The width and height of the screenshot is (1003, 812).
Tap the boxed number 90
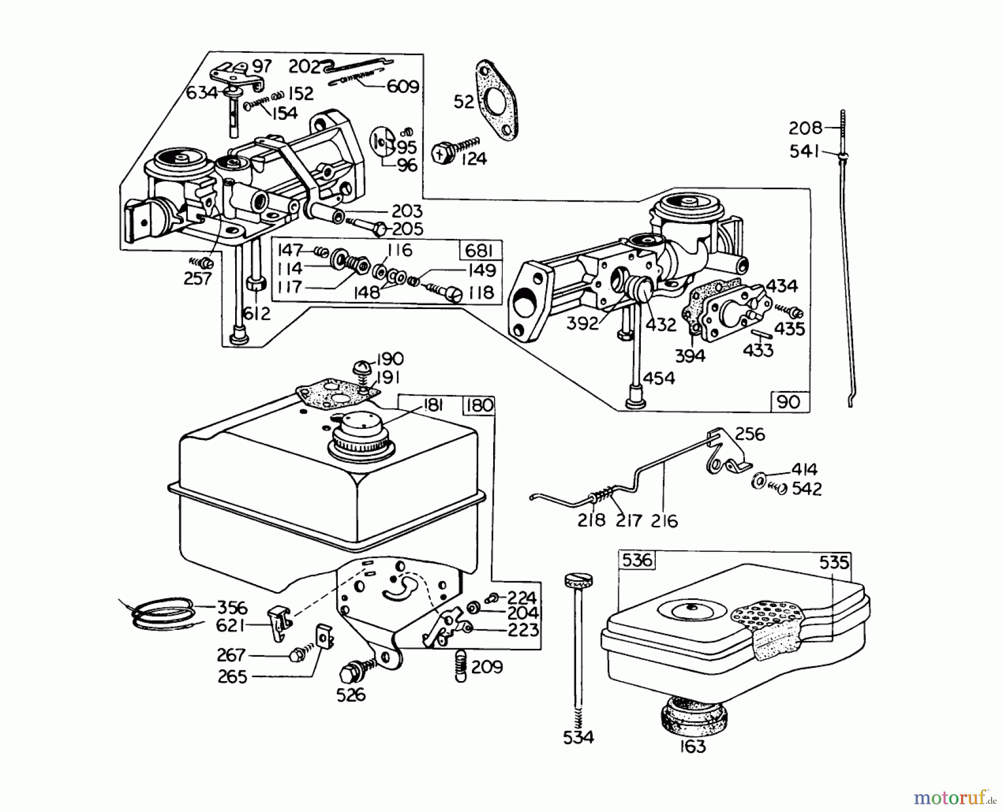(788, 402)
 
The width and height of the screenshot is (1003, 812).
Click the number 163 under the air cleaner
(692, 746)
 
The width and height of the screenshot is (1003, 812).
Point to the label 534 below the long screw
(578, 737)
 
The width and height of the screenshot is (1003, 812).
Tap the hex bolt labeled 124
(442, 153)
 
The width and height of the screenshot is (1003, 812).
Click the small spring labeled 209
(460, 664)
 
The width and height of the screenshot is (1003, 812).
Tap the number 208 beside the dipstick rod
(805, 129)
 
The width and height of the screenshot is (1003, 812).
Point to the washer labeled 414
(758, 480)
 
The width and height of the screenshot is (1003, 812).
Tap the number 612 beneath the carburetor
(257, 314)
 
